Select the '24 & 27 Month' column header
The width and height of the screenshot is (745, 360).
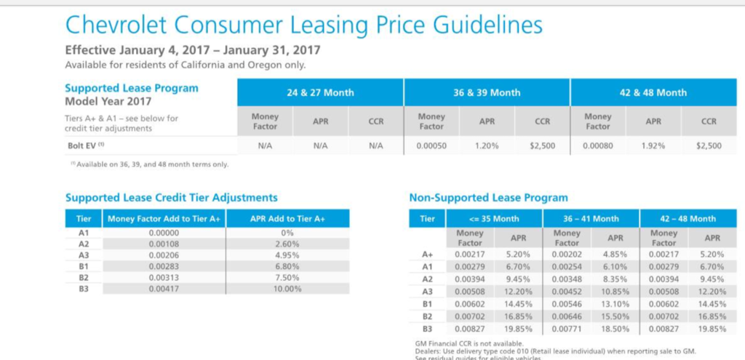320,92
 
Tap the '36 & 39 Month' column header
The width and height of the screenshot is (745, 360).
487,92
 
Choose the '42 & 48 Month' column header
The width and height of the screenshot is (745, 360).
653,92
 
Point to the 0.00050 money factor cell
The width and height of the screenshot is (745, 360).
431,145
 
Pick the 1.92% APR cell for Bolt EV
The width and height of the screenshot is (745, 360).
653,145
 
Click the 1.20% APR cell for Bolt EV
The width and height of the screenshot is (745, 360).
487,145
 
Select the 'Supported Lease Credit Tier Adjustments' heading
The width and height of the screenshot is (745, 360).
171,197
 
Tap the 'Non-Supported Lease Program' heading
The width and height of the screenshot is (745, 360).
489,197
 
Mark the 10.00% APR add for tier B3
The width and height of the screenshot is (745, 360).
287,289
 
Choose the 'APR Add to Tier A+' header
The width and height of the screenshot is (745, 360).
287,218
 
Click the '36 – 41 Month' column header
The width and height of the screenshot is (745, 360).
590,218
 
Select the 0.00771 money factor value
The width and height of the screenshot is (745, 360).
567,329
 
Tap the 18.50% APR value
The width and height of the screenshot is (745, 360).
615,329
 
